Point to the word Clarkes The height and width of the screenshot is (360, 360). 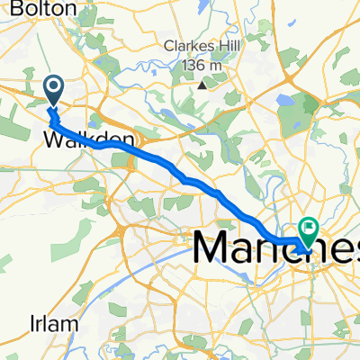(186, 48)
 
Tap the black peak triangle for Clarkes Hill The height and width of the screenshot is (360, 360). (202, 86)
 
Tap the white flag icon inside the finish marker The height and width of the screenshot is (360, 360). (310, 229)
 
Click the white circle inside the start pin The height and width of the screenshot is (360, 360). (53, 86)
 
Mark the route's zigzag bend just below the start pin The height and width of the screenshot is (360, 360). (54, 115)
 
